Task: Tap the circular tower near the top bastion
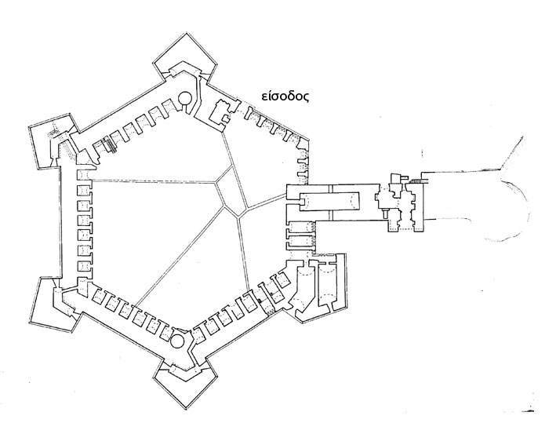(184, 100)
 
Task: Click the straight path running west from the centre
(149, 183)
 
